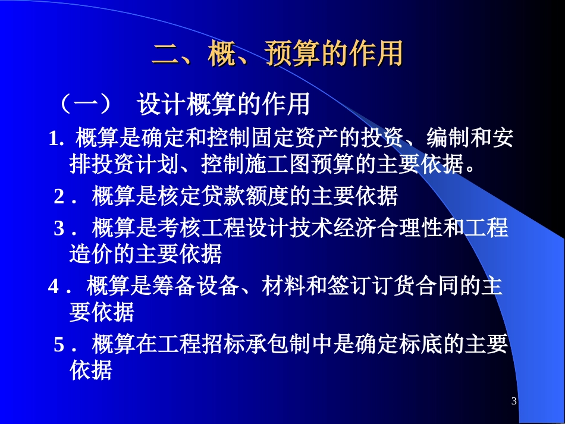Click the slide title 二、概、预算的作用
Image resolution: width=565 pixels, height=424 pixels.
click(277, 54)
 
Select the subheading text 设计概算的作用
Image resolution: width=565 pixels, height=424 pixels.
click(223, 105)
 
